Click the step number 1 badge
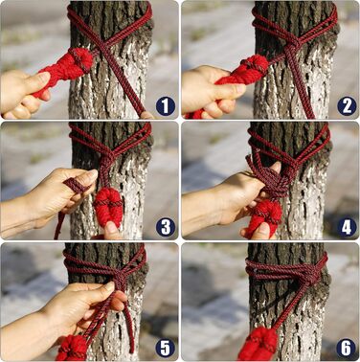coord(166,106)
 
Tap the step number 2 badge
coord(347,106)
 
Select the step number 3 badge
coord(166,228)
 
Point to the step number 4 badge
coord(347,228)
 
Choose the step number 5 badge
coord(166,348)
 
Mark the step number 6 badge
coord(347,348)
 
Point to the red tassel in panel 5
coord(72,348)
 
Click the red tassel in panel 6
coord(259,344)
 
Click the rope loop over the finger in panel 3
coord(76,186)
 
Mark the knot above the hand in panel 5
coord(120,277)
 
